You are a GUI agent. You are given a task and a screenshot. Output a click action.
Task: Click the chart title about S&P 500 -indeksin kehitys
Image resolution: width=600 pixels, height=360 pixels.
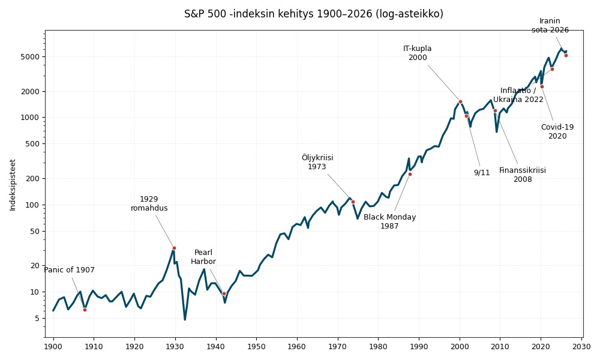coord(313,14)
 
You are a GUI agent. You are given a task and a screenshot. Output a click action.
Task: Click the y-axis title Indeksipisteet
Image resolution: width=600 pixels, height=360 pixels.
coord(13,185)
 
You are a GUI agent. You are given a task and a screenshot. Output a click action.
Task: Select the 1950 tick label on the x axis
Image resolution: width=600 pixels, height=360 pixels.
coord(256,347)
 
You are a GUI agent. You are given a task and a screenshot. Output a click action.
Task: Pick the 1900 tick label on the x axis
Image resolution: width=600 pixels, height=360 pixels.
coord(53,347)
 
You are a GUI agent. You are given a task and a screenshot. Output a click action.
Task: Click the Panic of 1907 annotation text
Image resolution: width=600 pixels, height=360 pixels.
coord(69,270)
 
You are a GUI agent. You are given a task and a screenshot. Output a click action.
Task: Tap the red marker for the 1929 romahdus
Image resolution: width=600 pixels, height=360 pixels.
coord(174,248)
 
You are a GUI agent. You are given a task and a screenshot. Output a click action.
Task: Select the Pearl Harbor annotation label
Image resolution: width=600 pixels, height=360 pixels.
coord(203,257)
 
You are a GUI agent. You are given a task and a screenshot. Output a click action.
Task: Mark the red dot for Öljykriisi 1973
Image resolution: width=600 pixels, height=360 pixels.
coord(353,202)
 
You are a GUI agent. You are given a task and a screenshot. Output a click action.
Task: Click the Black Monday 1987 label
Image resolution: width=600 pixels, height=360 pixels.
coord(389,221)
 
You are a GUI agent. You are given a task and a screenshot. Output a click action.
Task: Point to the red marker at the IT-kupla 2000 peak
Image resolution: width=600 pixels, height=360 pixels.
coord(460,101)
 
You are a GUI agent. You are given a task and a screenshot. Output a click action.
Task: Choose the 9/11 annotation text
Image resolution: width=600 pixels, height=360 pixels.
coord(482,173)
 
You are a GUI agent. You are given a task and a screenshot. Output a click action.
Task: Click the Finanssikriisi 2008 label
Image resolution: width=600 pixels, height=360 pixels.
coord(523,175)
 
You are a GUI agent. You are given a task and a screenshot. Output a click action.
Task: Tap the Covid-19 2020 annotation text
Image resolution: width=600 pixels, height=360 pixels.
coord(557,131)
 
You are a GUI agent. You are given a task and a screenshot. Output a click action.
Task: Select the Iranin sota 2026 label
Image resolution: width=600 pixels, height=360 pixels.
coord(550,25)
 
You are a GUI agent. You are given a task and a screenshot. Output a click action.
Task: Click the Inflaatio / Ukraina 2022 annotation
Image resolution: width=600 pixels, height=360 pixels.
coord(518,95)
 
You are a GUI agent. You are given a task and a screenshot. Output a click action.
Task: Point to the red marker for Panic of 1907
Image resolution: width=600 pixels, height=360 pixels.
coord(85,310)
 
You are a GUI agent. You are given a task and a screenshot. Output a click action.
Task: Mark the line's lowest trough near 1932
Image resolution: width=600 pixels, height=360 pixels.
coord(185,319)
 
